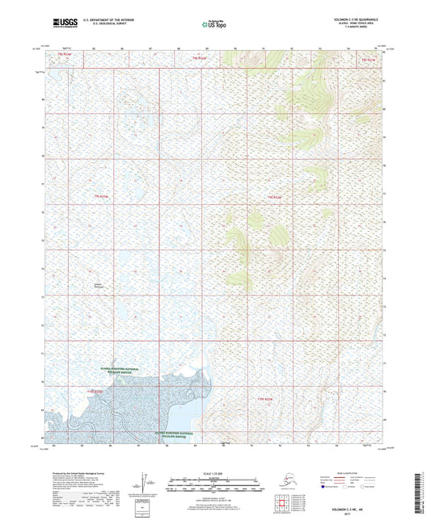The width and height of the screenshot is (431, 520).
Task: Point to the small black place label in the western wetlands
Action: click(x=99, y=284)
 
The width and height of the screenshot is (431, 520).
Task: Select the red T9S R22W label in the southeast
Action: click(x=267, y=399)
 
